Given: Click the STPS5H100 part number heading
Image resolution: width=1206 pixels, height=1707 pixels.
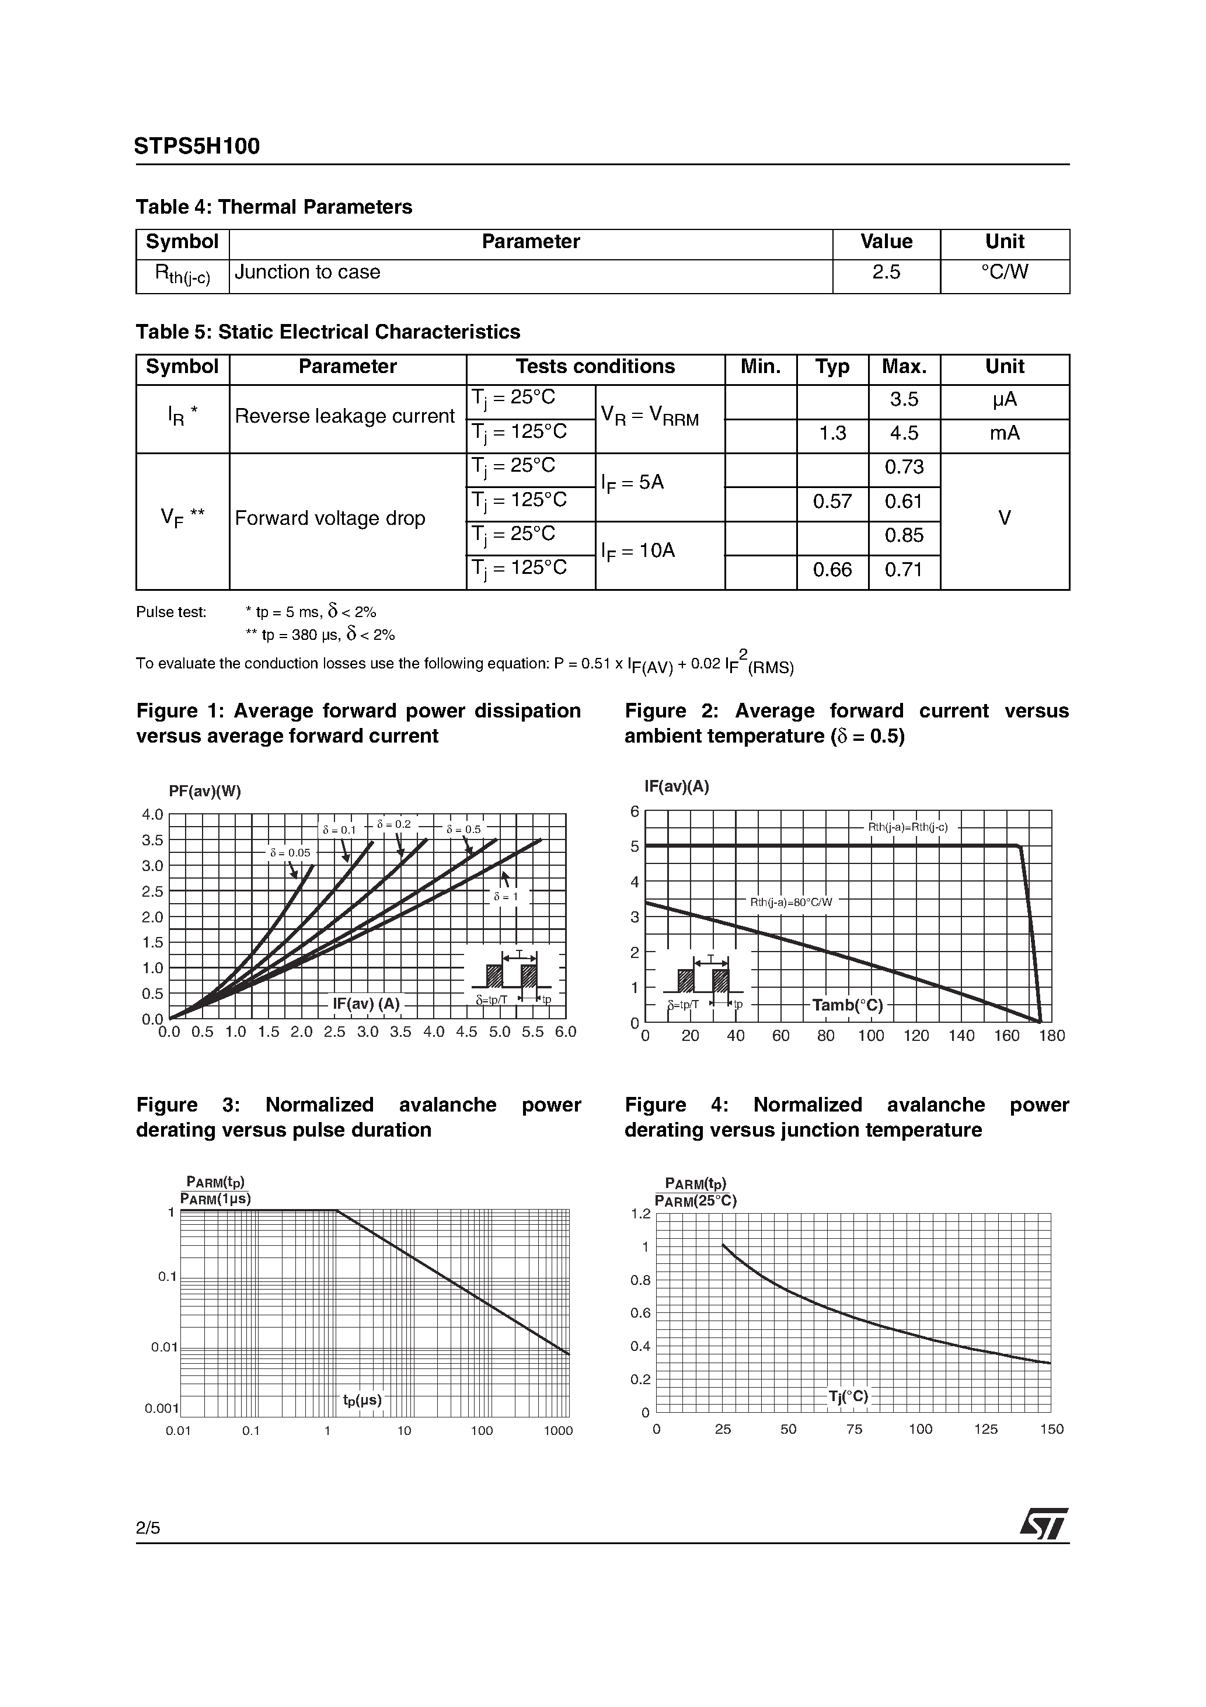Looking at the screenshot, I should (x=197, y=147).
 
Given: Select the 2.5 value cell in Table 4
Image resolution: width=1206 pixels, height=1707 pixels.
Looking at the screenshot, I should (x=886, y=273).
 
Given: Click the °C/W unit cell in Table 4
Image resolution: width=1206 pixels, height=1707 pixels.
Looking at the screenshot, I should (x=1004, y=273).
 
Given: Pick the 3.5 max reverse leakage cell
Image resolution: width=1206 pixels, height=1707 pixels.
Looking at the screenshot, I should (x=904, y=400).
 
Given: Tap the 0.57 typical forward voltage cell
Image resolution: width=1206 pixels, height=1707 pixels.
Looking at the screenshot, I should (x=831, y=502).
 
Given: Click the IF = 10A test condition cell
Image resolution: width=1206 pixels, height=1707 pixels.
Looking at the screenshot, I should (x=638, y=552).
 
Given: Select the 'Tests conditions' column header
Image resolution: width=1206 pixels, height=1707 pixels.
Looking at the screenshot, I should (x=595, y=367).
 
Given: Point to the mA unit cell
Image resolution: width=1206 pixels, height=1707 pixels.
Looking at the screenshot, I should (x=1004, y=433).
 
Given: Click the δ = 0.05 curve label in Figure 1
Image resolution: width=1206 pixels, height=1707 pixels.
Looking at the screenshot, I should (x=290, y=853).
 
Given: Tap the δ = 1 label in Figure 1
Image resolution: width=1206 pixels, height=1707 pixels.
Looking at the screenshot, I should (x=506, y=897).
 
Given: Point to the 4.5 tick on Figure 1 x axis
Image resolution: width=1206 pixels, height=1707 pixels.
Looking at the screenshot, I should (x=466, y=1032).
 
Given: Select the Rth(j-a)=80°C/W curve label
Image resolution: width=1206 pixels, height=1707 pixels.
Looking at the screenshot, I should (x=791, y=903).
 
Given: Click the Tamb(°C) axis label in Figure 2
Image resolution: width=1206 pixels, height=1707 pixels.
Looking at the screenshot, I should (x=847, y=1006).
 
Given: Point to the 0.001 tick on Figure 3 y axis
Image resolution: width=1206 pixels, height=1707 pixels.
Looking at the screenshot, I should (x=161, y=1408).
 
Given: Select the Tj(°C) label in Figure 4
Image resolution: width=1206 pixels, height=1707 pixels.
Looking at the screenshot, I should (x=848, y=1396).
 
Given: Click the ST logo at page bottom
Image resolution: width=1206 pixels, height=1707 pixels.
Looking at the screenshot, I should (x=1043, y=1525).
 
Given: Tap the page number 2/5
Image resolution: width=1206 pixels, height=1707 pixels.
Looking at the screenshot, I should (x=147, y=1528).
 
